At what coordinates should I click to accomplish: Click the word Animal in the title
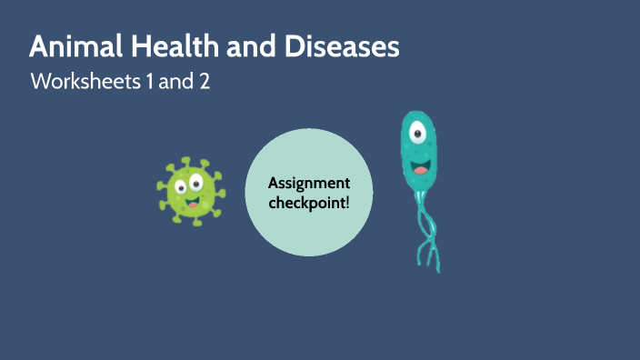[x=72, y=47]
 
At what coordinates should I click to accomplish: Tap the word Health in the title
[x=161, y=47]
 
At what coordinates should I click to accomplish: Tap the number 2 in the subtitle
[x=204, y=81]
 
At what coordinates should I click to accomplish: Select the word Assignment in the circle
[x=309, y=183]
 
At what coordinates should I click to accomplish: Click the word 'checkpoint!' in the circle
[x=309, y=201]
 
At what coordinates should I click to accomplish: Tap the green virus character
[x=191, y=191]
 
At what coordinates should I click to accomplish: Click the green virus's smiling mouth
[x=192, y=202]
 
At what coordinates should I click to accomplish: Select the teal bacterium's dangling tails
[x=424, y=227]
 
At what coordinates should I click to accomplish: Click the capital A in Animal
[x=39, y=47]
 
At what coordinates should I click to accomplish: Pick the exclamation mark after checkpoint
[x=346, y=201]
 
